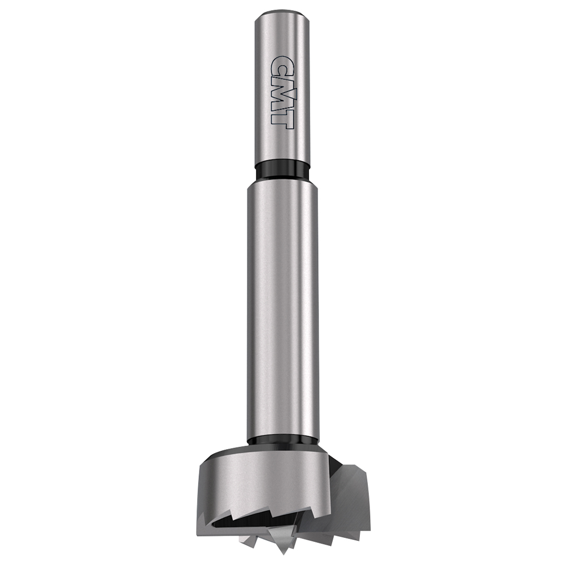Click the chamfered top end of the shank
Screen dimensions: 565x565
click(x=282, y=14)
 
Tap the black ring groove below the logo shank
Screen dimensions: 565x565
click(x=282, y=170)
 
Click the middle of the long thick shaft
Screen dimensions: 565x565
click(x=282, y=311)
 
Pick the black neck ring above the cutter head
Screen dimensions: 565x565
click(x=282, y=440)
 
